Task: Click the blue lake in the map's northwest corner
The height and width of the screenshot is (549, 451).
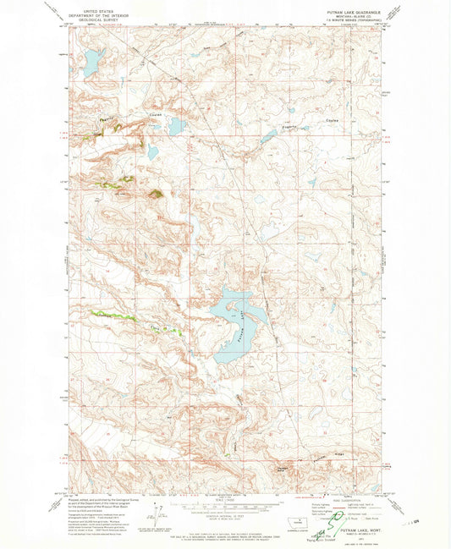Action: click(90, 60)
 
